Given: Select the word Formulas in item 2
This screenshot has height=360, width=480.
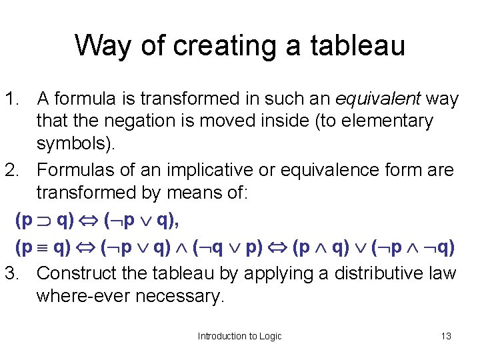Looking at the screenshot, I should tap(74, 170).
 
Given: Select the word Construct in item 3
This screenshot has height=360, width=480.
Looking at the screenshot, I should tap(75, 273).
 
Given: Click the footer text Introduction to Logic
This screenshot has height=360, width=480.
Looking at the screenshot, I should tap(239, 336).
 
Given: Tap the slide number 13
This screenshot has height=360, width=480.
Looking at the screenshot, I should tap(446, 336).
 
